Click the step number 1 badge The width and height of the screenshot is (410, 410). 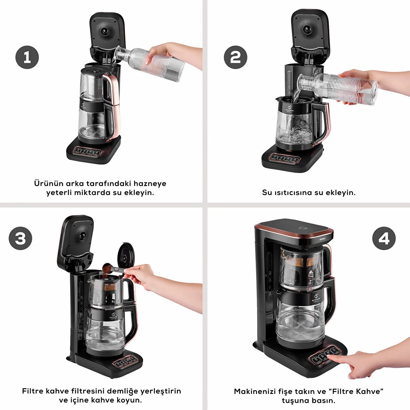click(27, 57)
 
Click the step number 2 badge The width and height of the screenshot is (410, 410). click(235, 57)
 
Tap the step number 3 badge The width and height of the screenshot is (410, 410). click(20, 238)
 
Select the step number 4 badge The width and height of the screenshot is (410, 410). click(384, 238)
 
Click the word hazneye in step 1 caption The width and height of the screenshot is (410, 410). click(150, 183)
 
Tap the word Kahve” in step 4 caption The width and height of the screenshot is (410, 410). click(370, 391)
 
